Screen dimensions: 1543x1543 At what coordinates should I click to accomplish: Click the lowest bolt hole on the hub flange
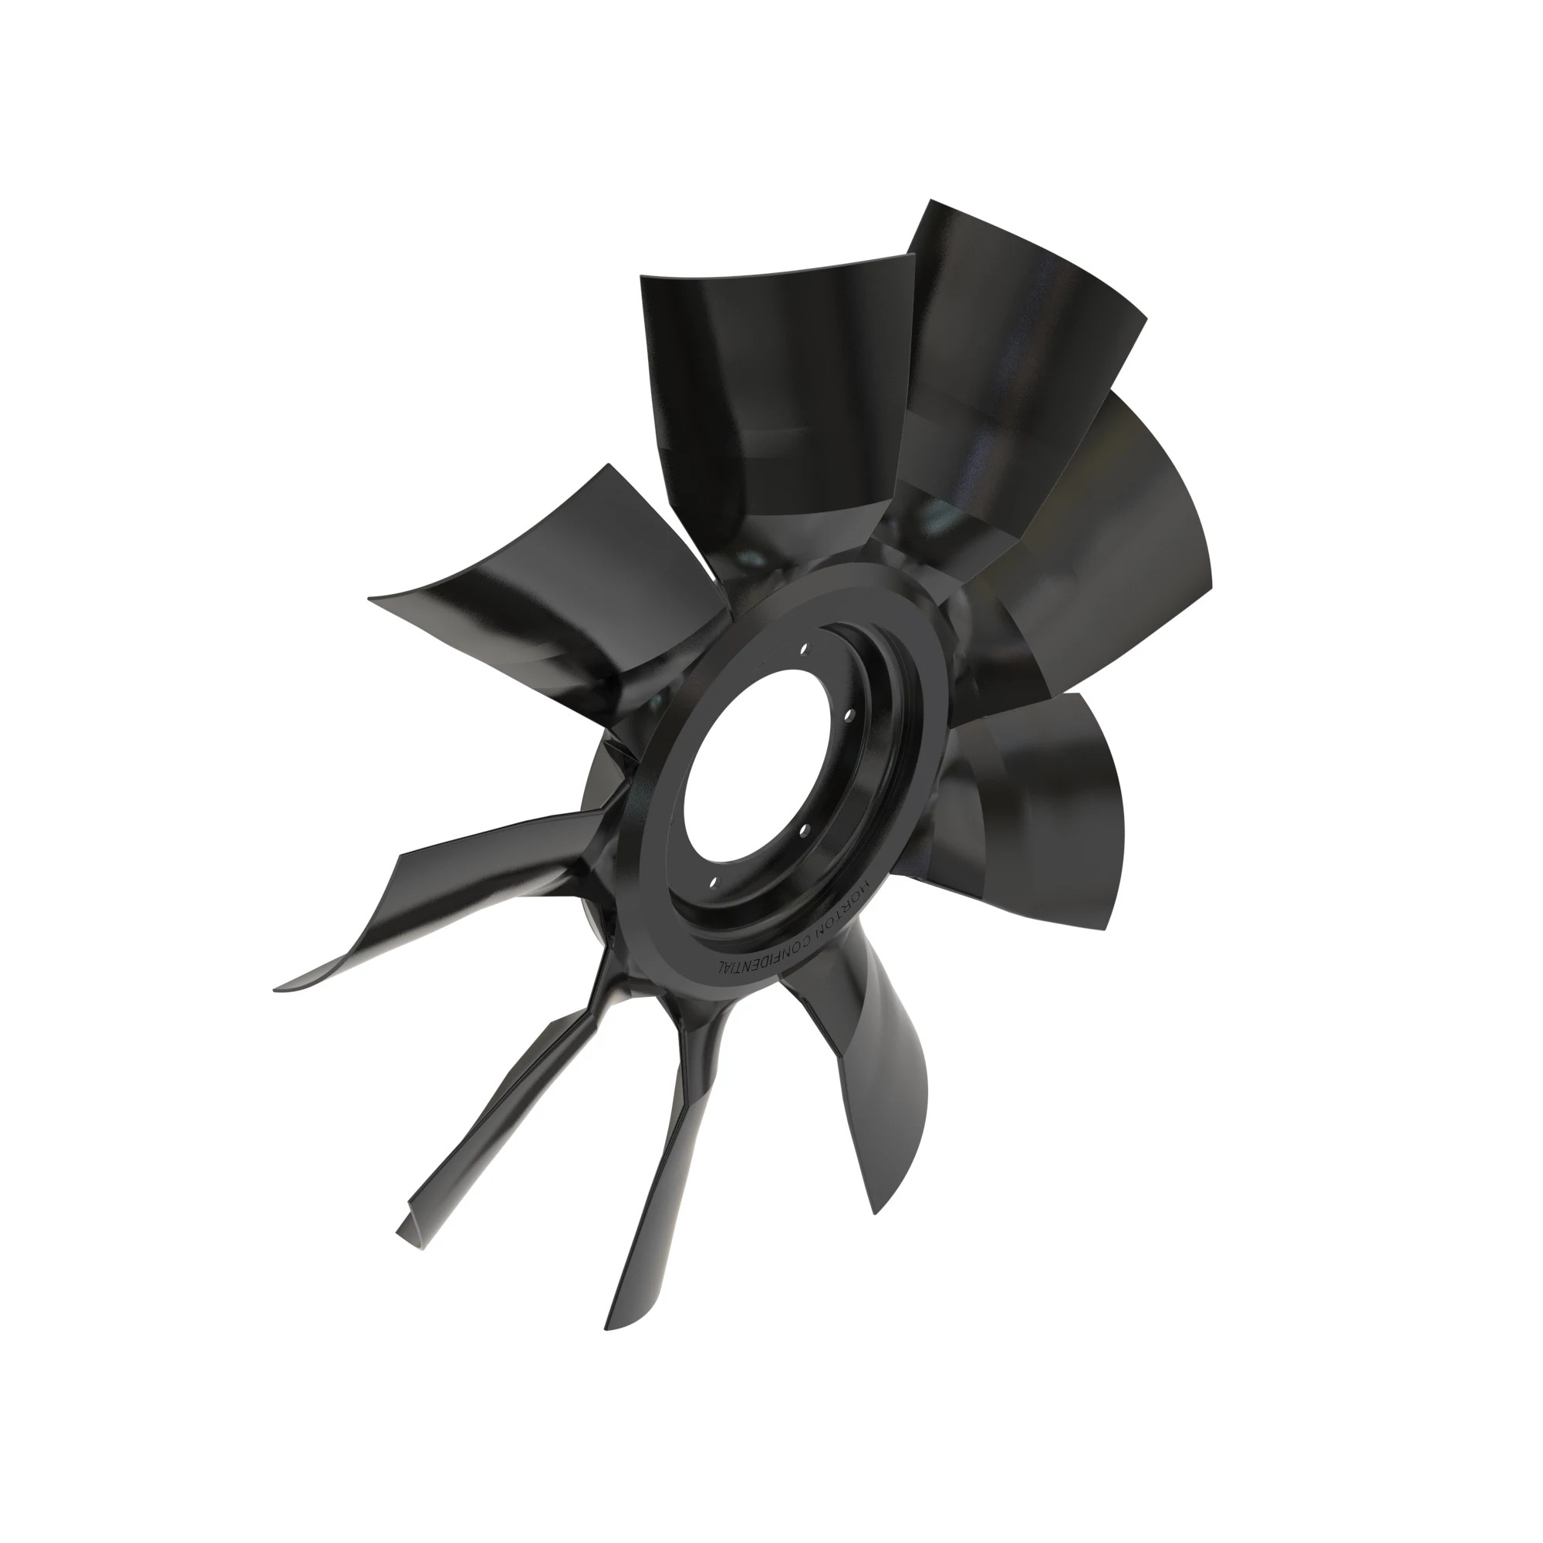(714, 883)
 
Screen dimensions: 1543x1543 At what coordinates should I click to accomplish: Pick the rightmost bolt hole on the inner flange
(849, 715)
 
